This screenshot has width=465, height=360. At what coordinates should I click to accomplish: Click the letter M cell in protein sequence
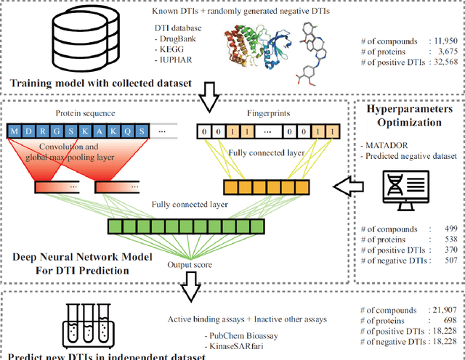pyautogui.click(x=15, y=131)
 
